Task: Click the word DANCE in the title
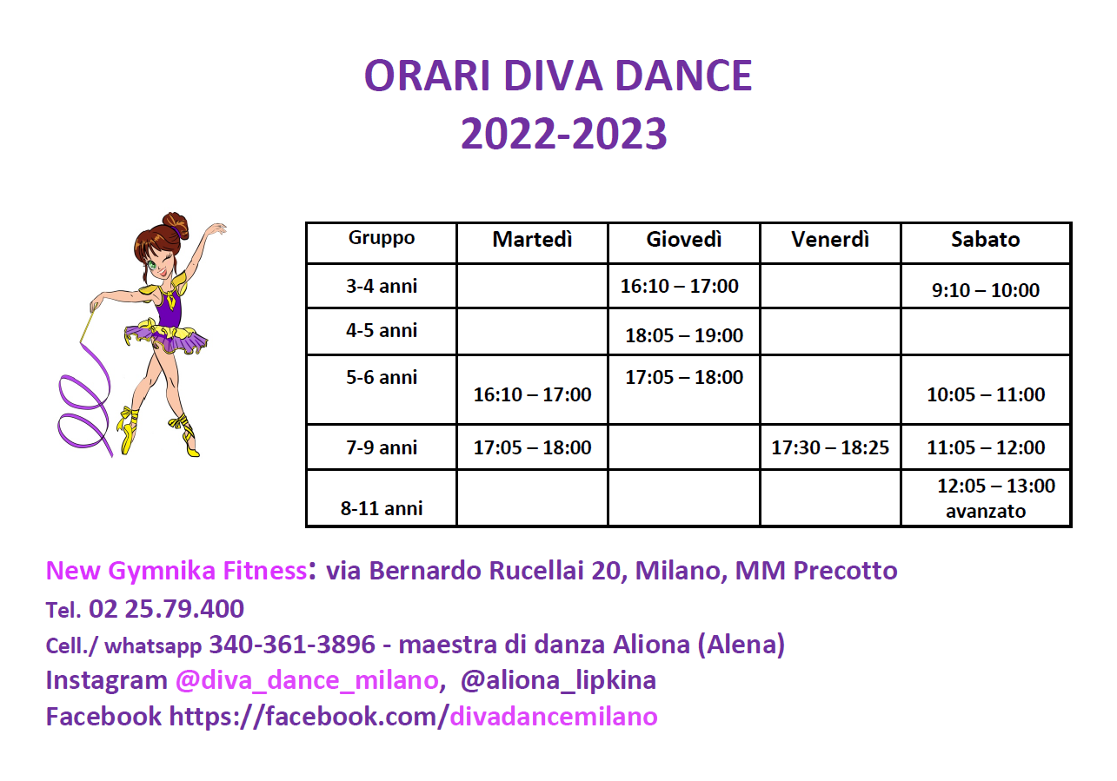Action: pyautogui.click(x=683, y=76)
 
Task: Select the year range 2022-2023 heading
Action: pyautogui.click(x=563, y=134)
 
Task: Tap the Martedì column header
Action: pyautogui.click(x=532, y=239)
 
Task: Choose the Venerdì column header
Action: pyautogui.click(x=830, y=239)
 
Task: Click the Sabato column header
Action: pyautogui.click(x=986, y=239)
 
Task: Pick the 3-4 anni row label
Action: pyautogui.click(x=382, y=286)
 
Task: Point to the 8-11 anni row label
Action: pyautogui.click(x=382, y=508)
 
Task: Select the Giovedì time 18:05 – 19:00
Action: pyautogui.click(x=683, y=335)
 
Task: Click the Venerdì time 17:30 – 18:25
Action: pyautogui.click(x=830, y=447)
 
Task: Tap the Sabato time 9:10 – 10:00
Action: pyautogui.click(x=986, y=290)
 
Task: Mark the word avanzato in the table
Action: pyautogui.click(x=986, y=512)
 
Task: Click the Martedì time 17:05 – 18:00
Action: pyautogui.click(x=532, y=447)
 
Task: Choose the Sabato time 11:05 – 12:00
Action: pyautogui.click(x=986, y=447)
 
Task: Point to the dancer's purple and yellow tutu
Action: pyautogui.click(x=166, y=337)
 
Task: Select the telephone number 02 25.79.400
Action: pyautogui.click(x=166, y=609)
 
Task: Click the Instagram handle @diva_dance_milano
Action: pyautogui.click(x=307, y=680)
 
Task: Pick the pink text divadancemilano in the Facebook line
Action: pyautogui.click(x=554, y=716)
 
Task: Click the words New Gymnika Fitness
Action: pyautogui.click(x=176, y=571)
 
